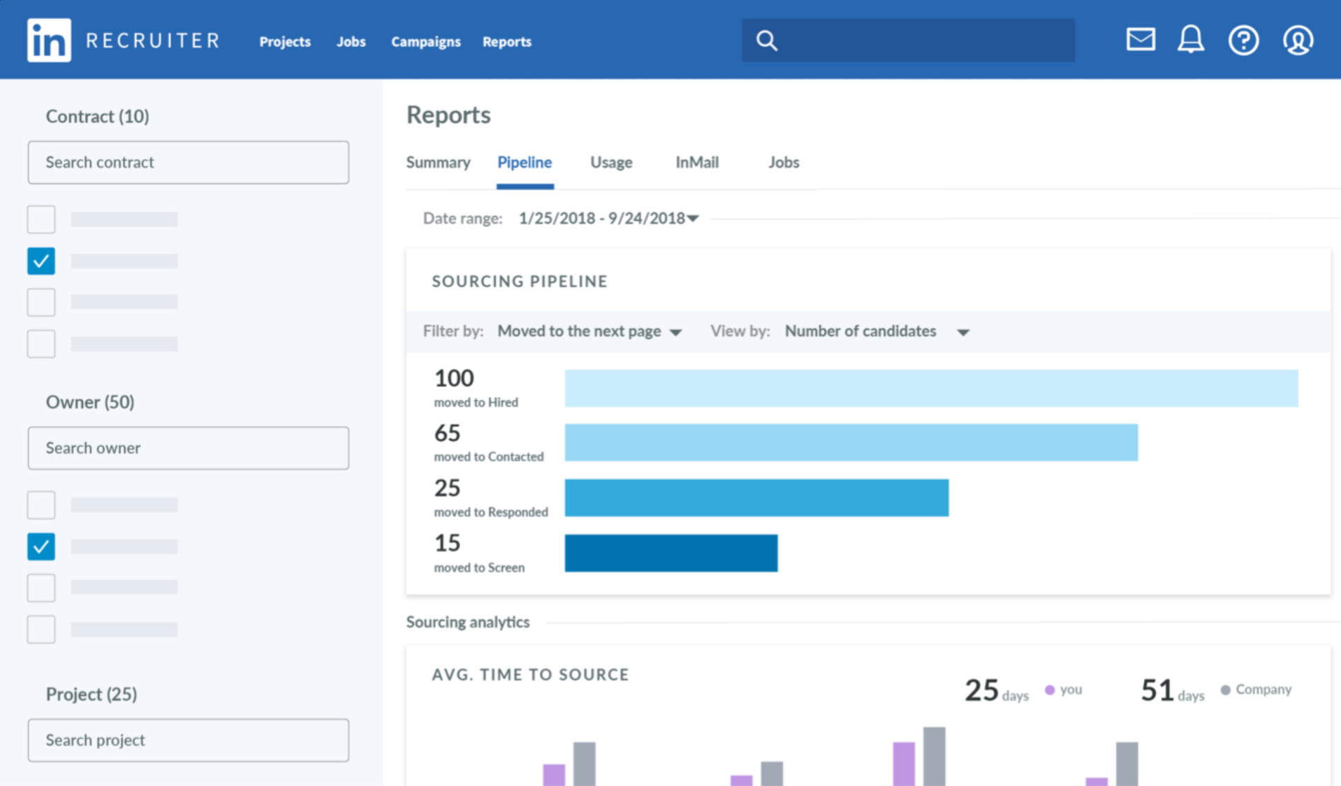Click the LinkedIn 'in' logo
click(x=49, y=40)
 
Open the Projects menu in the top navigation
click(x=285, y=42)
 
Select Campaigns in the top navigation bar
click(x=426, y=42)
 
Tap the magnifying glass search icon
click(x=766, y=41)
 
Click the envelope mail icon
click(x=1141, y=39)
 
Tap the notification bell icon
click(x=1191, y=39)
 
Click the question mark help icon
click(x=1243, y=40)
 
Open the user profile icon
click(x=1298, y=40)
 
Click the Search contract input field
click(x=189, y=162)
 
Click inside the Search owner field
click(x=189, y=448)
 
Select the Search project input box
click(x=189, y=740)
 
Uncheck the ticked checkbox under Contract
click(x=41, y=261)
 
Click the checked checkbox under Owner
click(x=41, y=546)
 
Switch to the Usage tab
click(x=611, y=162)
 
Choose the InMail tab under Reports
click(x=697, y=162)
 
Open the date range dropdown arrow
click(x=693, y=219)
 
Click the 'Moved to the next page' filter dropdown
click(x=589, y=331)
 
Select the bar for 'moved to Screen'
click(x=671, y=553)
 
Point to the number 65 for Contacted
click(x=447, y=433)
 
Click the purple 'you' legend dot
click(x=1049, y=690)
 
